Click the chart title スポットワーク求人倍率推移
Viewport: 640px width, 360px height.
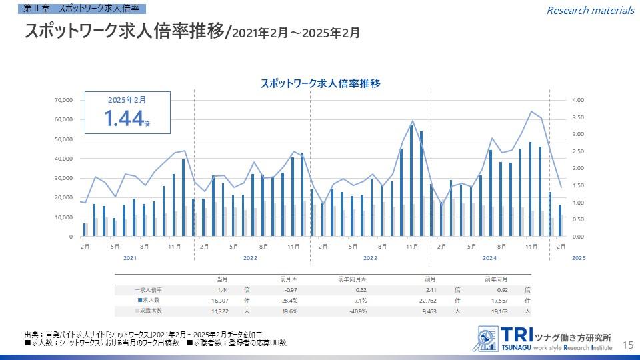(320, 84)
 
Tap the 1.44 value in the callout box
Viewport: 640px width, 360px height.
(124, 118)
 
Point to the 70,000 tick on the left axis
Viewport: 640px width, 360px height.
(63, 100)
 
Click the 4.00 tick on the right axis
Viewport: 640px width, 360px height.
(578, 100)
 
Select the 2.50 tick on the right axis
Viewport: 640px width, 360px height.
(578, 151)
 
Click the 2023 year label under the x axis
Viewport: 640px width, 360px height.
(370, 258)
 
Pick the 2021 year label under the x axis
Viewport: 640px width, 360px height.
(130, 258)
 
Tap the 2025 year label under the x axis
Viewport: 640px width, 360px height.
(579, 258)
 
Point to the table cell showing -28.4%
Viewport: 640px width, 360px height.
(288, 301)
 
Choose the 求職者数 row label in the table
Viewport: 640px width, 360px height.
(150, 311)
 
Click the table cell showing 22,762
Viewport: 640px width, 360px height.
(426, 301)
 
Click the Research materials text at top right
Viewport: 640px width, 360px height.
(590, 10)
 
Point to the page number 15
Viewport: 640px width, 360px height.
(627, 345)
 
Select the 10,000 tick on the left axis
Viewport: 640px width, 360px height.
(63, 217)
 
